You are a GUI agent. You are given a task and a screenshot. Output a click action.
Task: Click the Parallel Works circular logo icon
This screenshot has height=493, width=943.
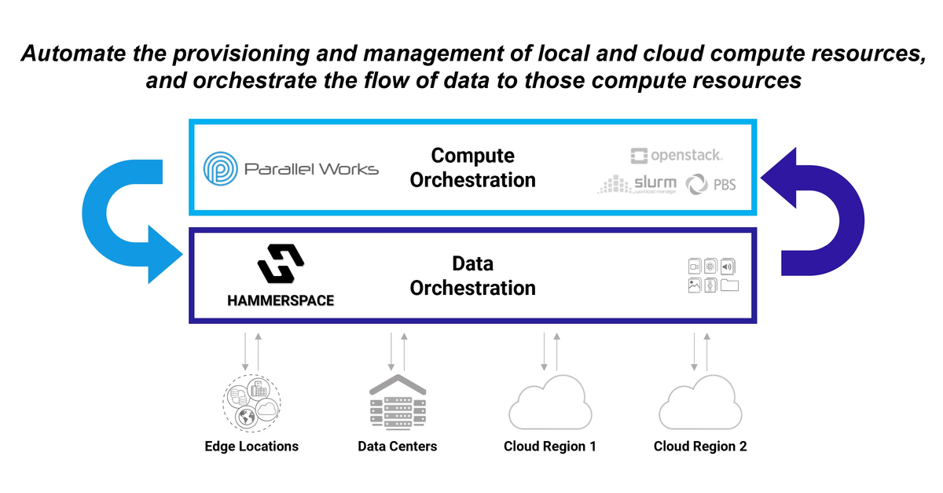pos(221,168)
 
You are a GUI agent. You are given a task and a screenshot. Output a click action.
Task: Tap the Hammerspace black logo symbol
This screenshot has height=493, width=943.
pos(281,264)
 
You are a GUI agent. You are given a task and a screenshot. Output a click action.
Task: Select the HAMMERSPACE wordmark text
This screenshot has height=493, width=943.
pos(281,300)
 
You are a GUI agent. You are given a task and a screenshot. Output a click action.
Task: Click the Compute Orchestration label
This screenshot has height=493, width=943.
pos(472,167)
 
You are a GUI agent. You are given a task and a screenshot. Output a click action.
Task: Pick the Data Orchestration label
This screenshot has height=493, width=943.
pos(472,276)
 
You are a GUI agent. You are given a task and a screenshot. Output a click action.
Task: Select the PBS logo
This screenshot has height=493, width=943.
pos(710,186)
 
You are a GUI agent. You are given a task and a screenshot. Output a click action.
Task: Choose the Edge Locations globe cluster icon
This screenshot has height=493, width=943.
pos(251,403)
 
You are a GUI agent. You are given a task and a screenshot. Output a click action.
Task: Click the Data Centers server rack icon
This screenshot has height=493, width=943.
pos(398,401)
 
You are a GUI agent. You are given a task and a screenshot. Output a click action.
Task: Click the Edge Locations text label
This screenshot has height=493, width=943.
pos(251,447)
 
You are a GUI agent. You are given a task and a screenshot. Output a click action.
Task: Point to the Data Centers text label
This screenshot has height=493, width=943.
pos(397,447)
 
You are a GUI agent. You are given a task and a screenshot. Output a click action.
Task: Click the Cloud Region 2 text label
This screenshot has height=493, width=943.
pos(700,447)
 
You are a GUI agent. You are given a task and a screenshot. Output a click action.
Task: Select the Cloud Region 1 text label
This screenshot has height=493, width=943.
pos(549,447)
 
